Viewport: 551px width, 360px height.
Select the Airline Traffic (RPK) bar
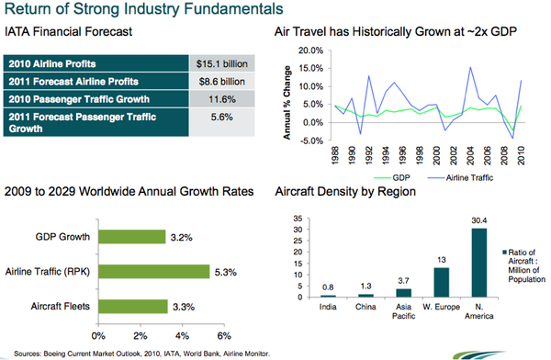pos(152,271)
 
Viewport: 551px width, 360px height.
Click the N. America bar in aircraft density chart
pos(478,263)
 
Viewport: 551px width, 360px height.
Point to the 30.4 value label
pos(478,220)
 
